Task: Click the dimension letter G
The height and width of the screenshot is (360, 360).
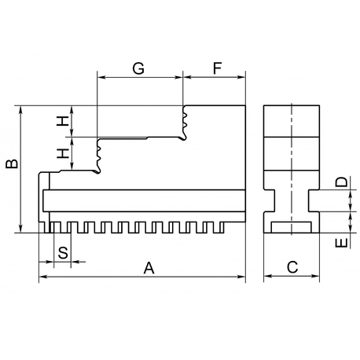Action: tap(138, 68)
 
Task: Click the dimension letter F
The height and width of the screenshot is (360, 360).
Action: tap(218, 68)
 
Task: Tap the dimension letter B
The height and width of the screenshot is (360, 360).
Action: tap(12, 163)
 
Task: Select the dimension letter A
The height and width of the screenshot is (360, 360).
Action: tap(149, 268)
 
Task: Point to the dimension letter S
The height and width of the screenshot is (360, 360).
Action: tap(63, 253)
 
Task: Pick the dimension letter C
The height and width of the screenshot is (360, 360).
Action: tap(292, 267)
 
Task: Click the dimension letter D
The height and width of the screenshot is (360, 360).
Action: tap(341, 182)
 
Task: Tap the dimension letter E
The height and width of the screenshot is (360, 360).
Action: tap(341, 243)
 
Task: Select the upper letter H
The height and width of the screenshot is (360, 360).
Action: tap(63, 121)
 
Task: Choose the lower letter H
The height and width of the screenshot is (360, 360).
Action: tap(63, 153)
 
